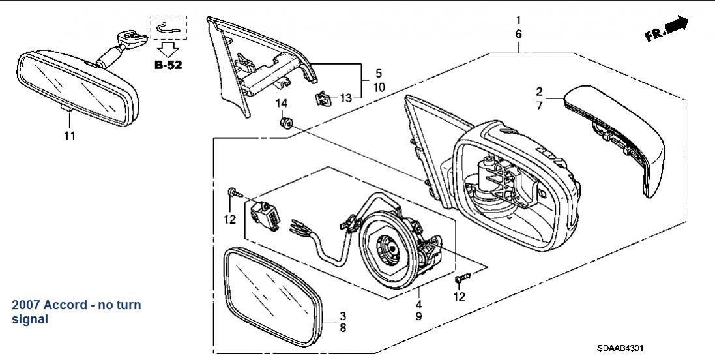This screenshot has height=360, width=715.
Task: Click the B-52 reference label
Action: pos(168,65)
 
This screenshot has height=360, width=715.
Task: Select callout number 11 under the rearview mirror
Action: pos(69,136)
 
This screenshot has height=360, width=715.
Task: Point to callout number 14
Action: pos(282,104)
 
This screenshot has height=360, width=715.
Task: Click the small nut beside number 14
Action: pos(285,122)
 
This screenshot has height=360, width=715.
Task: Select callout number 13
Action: pos(346,98)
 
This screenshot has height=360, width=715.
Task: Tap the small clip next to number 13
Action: pos(323,97)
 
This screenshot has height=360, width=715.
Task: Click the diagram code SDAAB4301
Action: pos(620,348)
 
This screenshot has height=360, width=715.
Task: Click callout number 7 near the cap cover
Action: pos(539,106)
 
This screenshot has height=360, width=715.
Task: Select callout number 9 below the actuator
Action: pos(418,316)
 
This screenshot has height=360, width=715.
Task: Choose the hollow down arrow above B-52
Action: pos(168,49)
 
